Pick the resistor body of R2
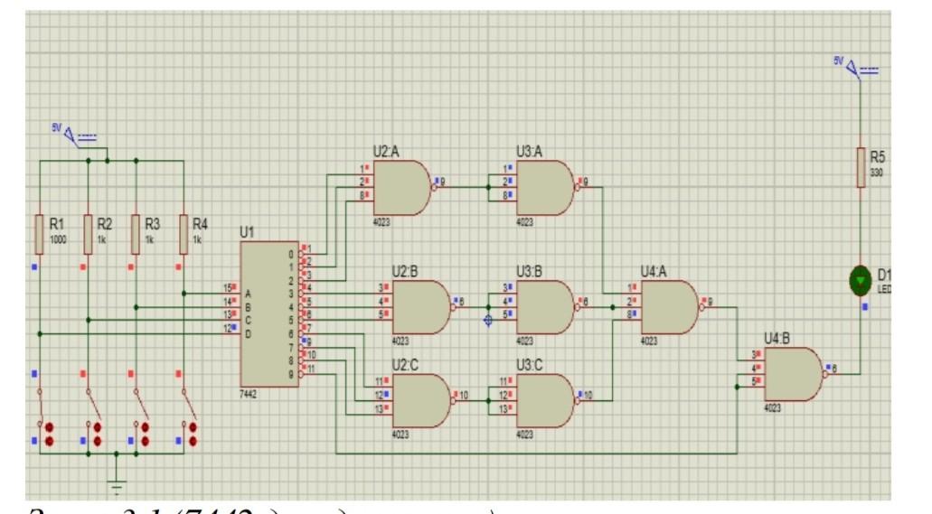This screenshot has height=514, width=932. coord(88,233)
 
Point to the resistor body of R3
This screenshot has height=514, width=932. coord(136,233)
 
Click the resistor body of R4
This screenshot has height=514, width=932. coord(184,233)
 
